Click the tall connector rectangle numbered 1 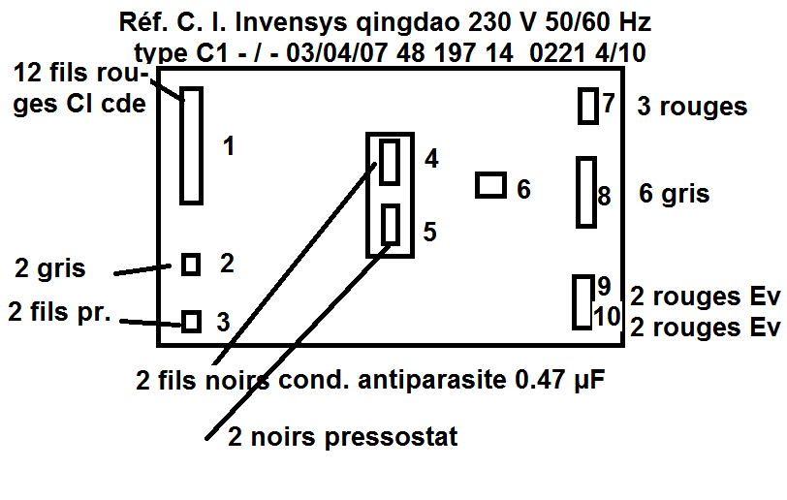pos(191,145)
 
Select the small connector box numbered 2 pos(191,264)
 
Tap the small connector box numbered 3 pos(192,321)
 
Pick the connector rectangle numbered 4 pos(390,162)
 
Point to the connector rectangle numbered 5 pos(391,226)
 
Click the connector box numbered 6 pos(491,185)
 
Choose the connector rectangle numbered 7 pos(587,106)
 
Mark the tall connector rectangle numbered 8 pos(585,193)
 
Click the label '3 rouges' pos(692,107)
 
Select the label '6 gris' pos(675,194)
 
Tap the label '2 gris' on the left pos(50,267)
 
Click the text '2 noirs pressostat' pos(342,437)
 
